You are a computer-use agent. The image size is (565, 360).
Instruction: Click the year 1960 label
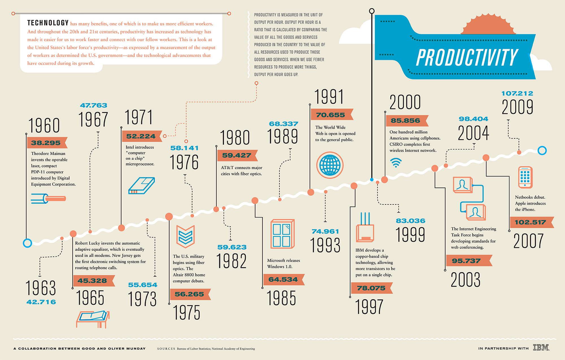[44, 126]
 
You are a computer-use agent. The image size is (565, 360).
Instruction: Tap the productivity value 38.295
[46, 143]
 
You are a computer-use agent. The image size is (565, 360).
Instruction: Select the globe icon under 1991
[330, 165]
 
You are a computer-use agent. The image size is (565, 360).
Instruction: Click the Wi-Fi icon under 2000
[396, 163]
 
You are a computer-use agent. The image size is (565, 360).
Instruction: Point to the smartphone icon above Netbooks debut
[525, 177]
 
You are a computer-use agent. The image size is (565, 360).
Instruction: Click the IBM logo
[541, 348]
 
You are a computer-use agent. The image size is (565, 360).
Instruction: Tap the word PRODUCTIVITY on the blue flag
[467, 58]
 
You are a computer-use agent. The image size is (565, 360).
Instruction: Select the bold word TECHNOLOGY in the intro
[48, 23]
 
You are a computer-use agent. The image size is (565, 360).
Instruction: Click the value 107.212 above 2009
[517, 93]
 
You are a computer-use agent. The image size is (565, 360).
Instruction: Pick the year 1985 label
[281, 298]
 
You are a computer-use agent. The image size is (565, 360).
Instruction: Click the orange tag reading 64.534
[283, 280]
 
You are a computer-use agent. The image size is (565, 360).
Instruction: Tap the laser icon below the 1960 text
[48, 198]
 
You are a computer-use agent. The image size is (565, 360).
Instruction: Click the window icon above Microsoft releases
[282, 234]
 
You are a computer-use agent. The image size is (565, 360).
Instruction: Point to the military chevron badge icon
[186, 236]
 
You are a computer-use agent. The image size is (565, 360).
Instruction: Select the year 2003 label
[465, 280]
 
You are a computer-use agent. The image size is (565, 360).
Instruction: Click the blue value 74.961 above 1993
[325, 232]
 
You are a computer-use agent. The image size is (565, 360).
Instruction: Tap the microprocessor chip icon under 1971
[142, 186]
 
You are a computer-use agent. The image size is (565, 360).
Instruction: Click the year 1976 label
[184, 162]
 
